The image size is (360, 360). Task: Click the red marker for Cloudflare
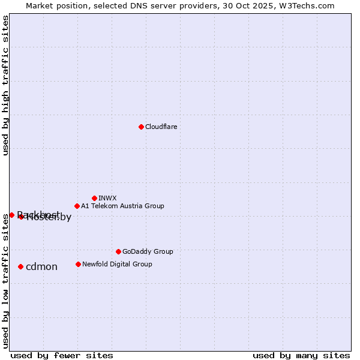tap(141, 127)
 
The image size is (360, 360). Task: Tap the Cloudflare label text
tap(161, 127)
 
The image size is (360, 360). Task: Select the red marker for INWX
tap(94, 198)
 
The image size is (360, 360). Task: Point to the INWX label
tap(107, 198)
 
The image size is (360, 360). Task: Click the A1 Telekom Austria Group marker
tap(77, 206)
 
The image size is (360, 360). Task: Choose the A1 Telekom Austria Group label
tap(122, 206)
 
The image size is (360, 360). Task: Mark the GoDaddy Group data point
tap(118, 251)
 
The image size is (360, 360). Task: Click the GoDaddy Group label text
tap(148, 251)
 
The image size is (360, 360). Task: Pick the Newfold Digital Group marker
tap(78, 264)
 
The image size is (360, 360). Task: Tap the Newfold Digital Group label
tap(117, 264)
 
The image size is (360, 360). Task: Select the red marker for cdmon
tap(20, 266)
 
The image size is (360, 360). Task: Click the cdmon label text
tap(41, 266)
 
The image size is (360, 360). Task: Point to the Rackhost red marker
tap(11, 215)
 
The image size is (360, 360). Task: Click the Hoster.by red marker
tap(21, 217)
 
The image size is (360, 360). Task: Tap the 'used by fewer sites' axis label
tap(62, 355)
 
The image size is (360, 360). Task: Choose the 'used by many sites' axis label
tap(301, 355)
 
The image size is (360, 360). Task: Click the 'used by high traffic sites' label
tap(6, 85)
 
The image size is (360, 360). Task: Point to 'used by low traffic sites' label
tap(6, 281)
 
